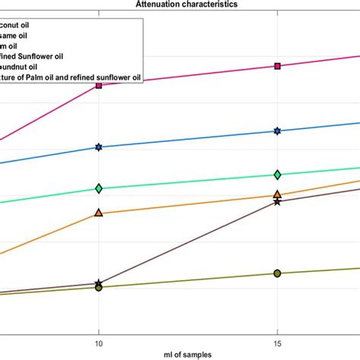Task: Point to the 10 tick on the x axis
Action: point(98,343)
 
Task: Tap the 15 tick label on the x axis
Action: point(277,343)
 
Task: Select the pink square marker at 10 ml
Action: point(98,85)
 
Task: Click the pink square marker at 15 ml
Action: point(277,66)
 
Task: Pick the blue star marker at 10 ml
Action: point(98,147)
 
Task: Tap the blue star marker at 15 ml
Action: point(277,131)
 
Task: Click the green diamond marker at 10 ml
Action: point(98,188)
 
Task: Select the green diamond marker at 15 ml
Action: point(277,175)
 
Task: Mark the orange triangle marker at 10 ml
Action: point(98,213)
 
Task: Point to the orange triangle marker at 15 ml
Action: point(277,194)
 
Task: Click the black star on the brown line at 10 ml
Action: point(98,283)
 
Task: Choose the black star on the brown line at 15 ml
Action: point(277,202)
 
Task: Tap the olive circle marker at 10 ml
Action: point(98,288)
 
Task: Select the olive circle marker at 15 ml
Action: point(277,273)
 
